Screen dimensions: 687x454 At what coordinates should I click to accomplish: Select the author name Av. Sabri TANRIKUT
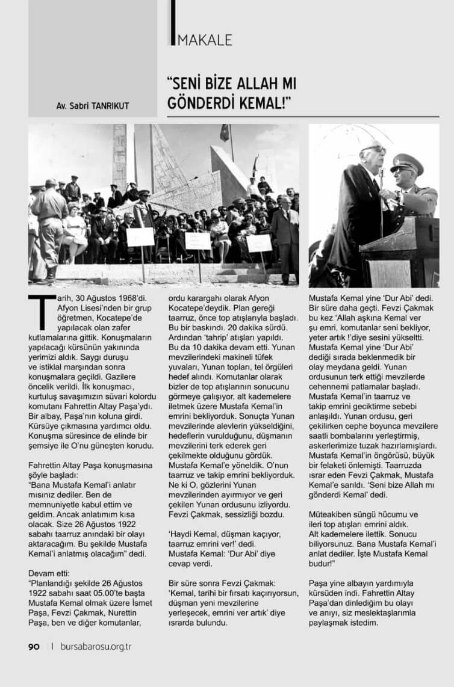(93, 106)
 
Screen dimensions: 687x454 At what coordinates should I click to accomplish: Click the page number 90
(34, 647)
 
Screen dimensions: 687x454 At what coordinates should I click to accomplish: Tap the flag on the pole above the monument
(225, 132)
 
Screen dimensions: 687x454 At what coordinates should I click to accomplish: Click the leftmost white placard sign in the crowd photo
(140, 237)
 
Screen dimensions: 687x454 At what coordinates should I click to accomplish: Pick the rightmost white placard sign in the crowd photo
(259, 243)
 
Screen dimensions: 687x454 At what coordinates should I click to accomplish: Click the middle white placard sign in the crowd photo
(198, 241)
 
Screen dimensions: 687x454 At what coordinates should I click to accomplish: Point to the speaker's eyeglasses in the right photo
(374, 150)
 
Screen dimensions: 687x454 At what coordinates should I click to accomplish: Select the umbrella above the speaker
(355, 135)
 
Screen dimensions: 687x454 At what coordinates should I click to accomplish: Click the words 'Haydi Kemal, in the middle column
(194, 533)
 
